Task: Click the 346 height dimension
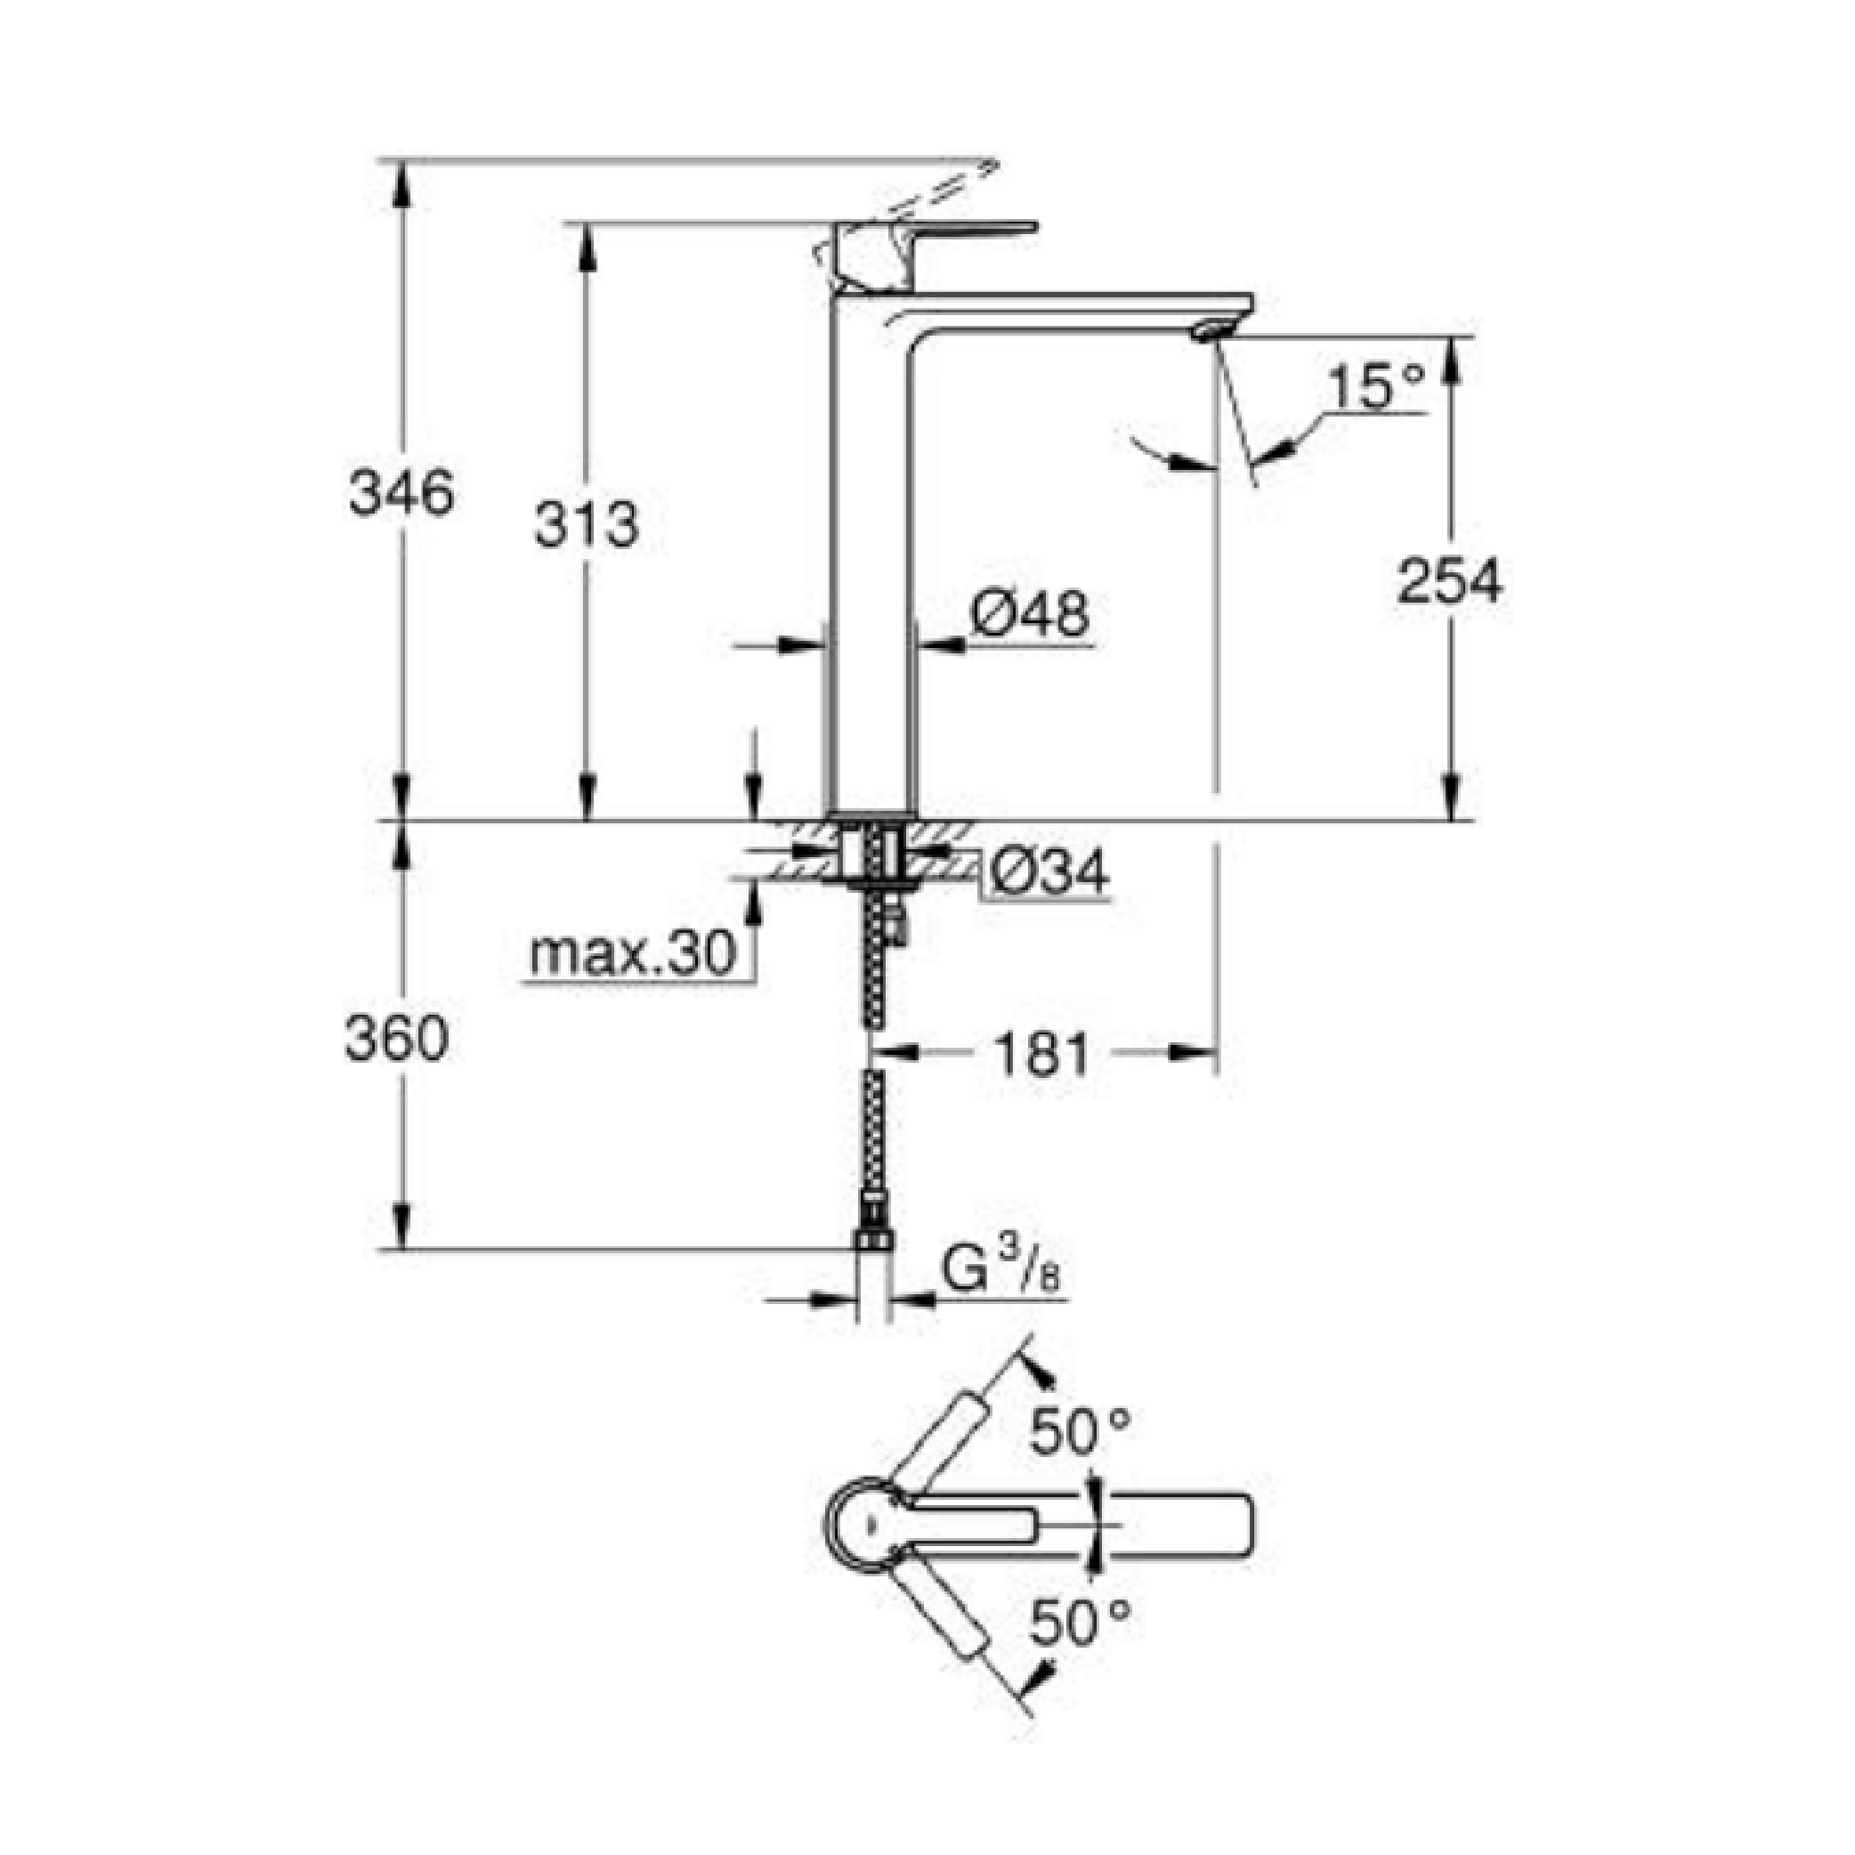(401, 495)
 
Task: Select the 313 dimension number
(586, 525)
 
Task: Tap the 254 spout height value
(1449, 582)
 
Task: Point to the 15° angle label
(1375, 387)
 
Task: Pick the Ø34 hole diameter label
(1049, 871)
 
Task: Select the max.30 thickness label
(634, 954)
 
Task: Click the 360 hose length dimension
(396, 1039)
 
